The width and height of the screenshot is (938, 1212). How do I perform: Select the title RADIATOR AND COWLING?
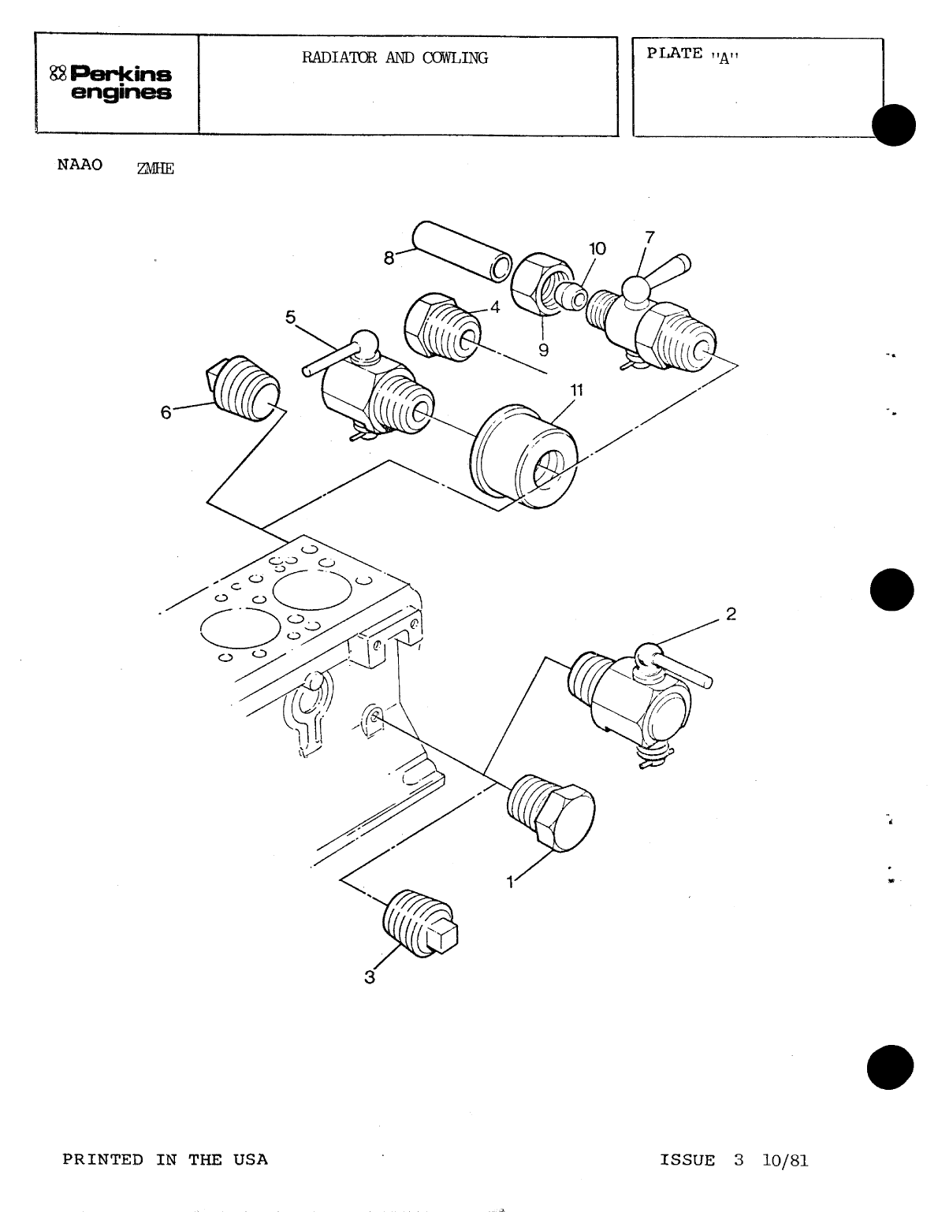point(395,58)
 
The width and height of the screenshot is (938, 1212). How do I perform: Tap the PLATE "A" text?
point(694,54)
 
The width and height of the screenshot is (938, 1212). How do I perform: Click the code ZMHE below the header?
point(154,168)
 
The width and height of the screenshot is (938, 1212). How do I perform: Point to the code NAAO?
point(80,166)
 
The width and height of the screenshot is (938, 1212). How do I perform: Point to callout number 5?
point(290,318)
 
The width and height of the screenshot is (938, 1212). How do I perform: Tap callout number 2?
point(731,615)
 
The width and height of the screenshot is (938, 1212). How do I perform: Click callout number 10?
point(597,249)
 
